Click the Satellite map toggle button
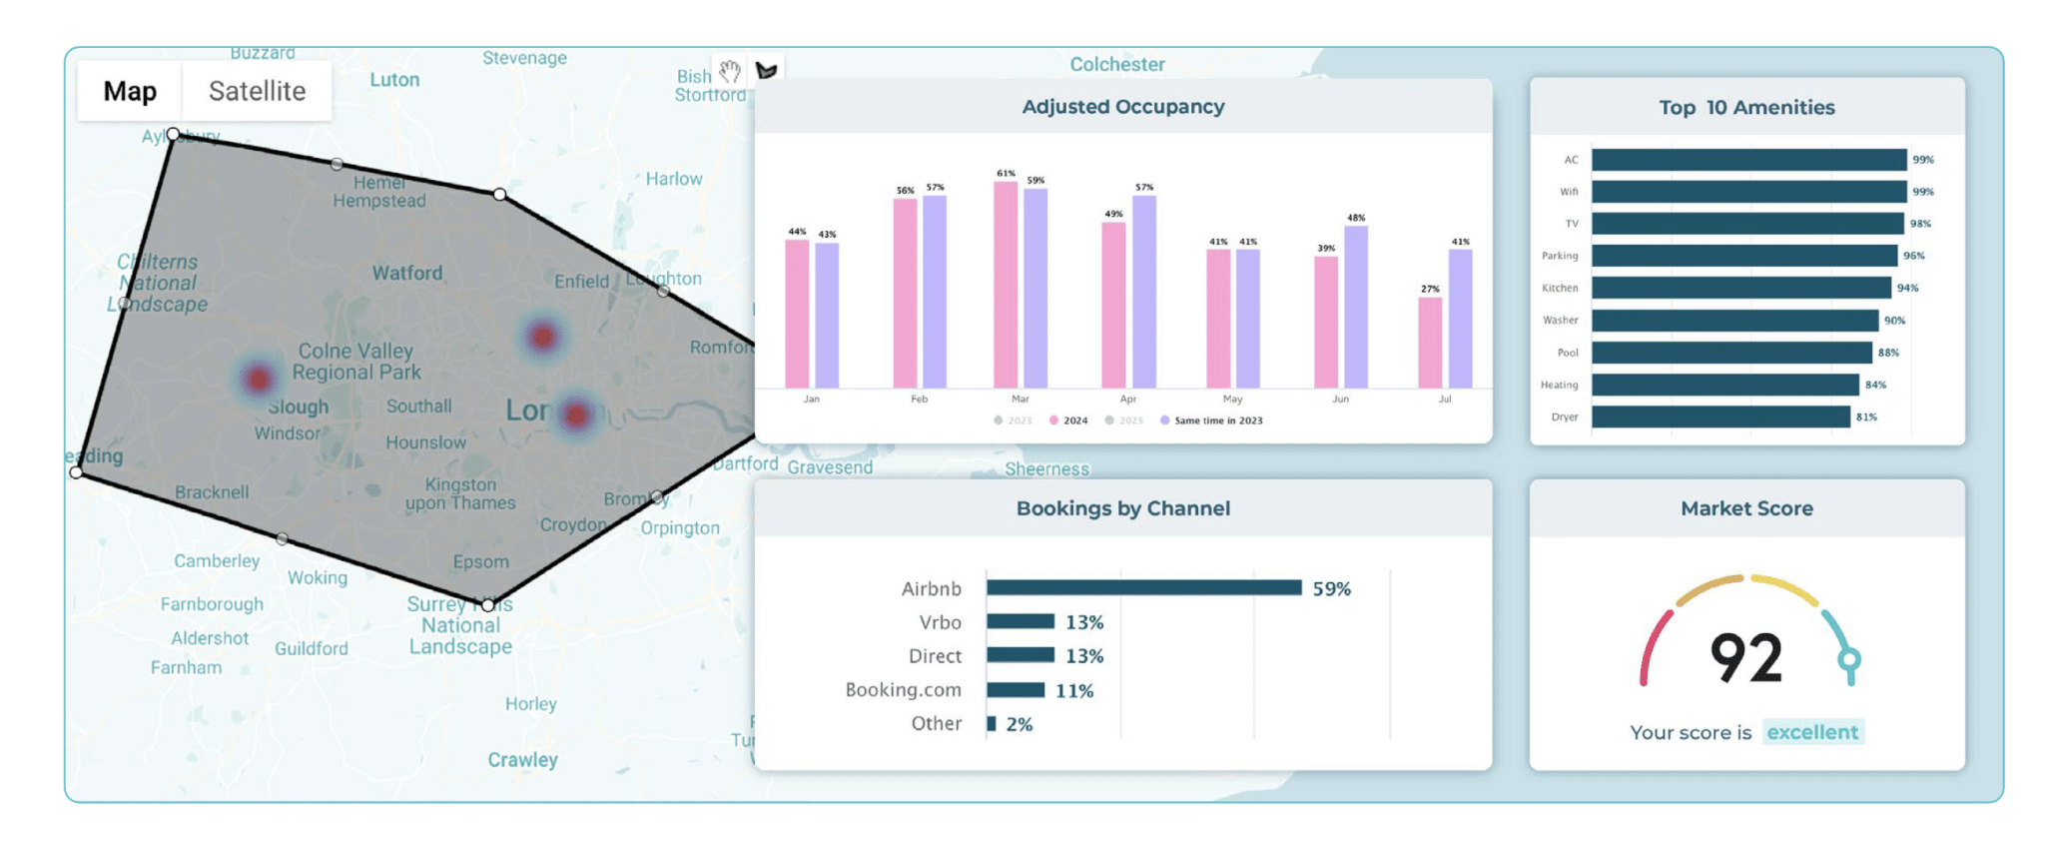[x=257, y=91]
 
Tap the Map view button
[x=130, y=91]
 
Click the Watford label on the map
[x=406, y=273]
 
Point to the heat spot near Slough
[x=259, y=379]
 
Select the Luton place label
[x=394, y=80]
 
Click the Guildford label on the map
[x=312, y=648]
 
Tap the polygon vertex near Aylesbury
[x=174, y=134]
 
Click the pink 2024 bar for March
[x=1006, y=285]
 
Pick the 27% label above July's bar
[x=1430, y=289]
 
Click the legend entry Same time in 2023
[x=1217, y=421]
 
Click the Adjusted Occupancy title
[x=1122, y=107]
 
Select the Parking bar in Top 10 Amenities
[x=1743, y=256]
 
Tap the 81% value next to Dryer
[x=1866, y=417]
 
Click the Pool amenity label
[x=1568, y=353]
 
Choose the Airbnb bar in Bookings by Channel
[x=1143, y=588]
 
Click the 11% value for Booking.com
[x=1074, y=690]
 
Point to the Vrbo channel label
[x=940, y=622]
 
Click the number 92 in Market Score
[x=1745, y=658]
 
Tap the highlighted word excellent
[x=1811, y=732]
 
